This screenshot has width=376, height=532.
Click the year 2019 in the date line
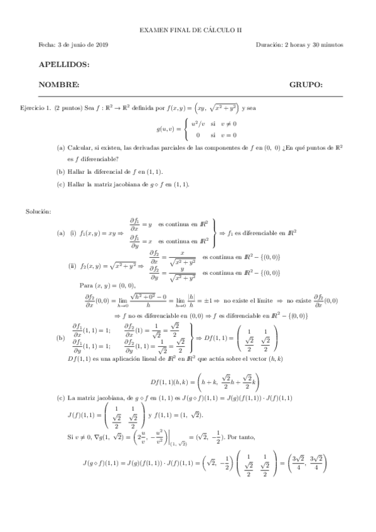[100, 45]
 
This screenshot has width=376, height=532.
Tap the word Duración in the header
[269, 45]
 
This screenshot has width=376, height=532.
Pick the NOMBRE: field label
[59, 84]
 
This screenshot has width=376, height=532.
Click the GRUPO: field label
[306, 84]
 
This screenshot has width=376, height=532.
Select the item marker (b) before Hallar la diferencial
[60, 171]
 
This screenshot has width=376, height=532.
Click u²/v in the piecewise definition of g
[199, 124]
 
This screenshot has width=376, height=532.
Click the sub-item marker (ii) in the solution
[72, 265]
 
